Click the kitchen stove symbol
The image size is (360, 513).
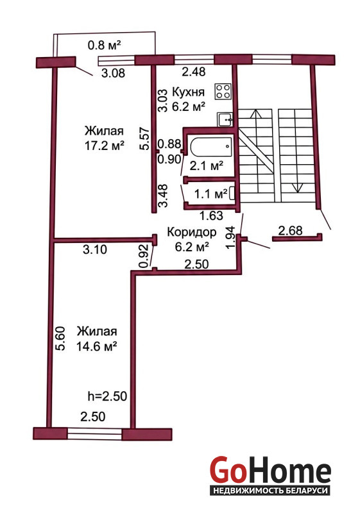[223, 91]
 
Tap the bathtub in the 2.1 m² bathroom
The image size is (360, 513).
[211, 147]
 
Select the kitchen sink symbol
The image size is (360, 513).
[225, 119]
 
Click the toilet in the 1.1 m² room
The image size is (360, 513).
[232, 193]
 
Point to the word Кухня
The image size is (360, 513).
[188, 92]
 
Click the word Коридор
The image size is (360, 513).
[191, 232]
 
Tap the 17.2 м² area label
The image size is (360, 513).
[105, 146]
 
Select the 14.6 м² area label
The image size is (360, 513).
[97, 346]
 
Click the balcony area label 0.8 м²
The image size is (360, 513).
[105, 45]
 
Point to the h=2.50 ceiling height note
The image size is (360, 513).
[107, 396]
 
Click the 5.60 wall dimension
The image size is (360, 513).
[60, 339]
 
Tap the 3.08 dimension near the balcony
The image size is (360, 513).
[113, 72]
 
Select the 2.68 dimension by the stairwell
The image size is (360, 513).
[290, 230]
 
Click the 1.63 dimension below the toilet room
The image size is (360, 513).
[211, 215]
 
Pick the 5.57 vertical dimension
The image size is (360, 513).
[144, 138]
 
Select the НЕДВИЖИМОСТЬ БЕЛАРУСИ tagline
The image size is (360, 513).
[270, 491]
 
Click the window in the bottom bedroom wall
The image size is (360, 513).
[94, 433]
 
